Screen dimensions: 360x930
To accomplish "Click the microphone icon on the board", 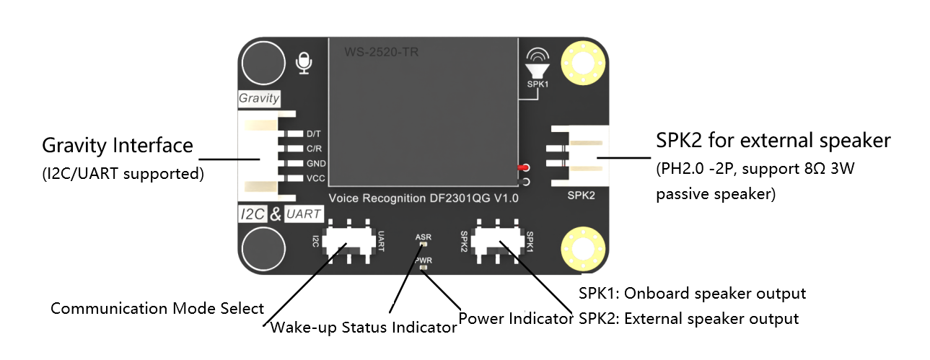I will [305, 63].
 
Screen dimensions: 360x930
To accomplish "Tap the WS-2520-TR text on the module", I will [380, 53].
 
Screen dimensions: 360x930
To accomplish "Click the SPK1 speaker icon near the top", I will [537, 66].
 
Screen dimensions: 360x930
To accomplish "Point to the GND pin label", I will [315, 164].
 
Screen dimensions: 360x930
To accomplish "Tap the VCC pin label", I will [315, 178].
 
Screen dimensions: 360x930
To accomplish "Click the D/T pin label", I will [314, 134].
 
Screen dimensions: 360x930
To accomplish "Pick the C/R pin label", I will [314, 149].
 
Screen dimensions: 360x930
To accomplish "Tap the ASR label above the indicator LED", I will [424, 237].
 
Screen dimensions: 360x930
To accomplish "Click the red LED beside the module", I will [522, 167].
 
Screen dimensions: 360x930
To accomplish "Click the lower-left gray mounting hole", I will [262, 250].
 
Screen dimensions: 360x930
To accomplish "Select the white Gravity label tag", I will [259, 98].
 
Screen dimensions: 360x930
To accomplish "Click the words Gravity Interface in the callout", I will [118, 146].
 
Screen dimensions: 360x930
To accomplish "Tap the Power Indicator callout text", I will [516, 318].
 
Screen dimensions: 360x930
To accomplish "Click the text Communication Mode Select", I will [157, 309].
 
